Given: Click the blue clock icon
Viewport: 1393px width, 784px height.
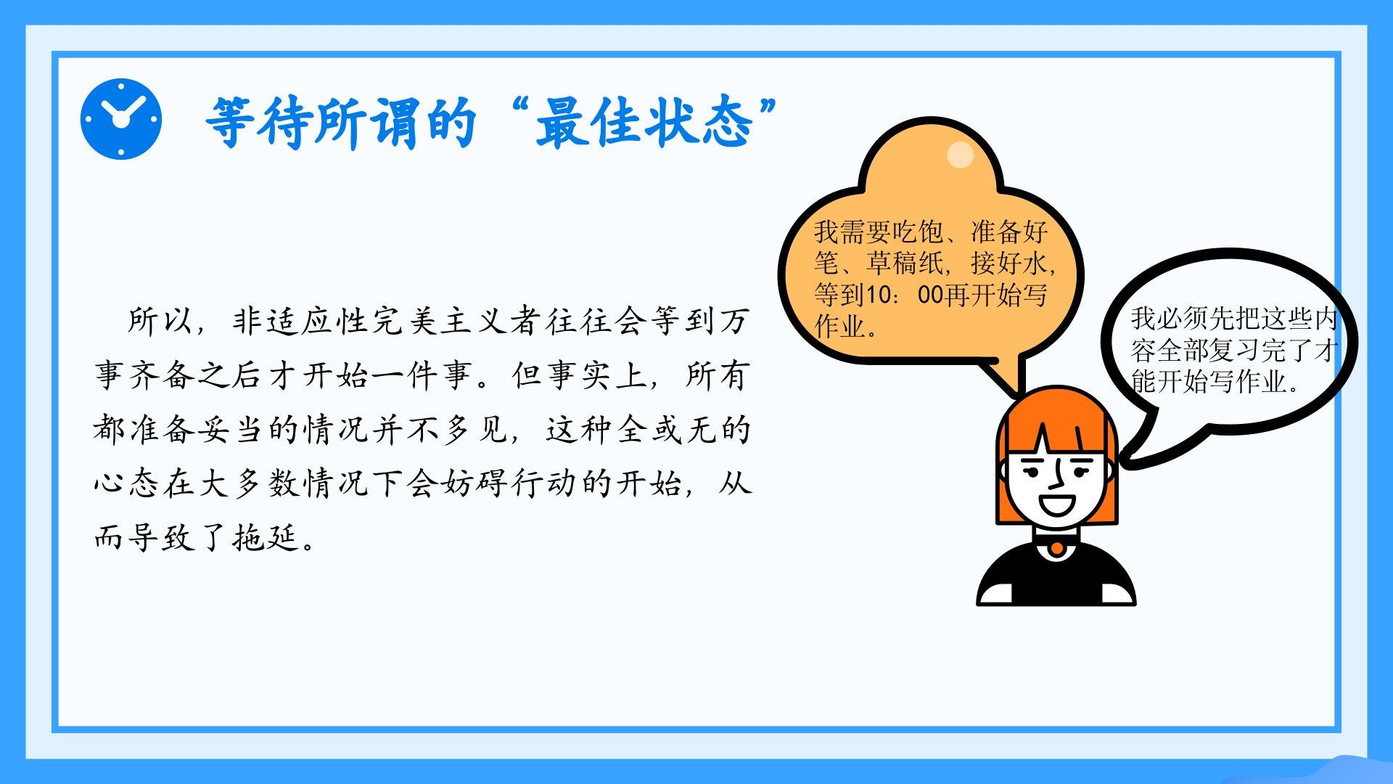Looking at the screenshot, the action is pyautogui.click(x=121, y=119).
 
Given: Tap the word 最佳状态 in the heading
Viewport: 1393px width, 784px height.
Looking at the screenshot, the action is pyautogui.click(x=644, y=123).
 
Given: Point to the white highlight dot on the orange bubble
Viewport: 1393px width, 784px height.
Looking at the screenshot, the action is pyautogui.click(x=961, y=155).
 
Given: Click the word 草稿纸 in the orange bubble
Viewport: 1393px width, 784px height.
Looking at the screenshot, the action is pyautogui.click(x=907, y=263).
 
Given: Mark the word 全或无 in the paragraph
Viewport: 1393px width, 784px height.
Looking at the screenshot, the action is pyautogui.click(x=665, y=430).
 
